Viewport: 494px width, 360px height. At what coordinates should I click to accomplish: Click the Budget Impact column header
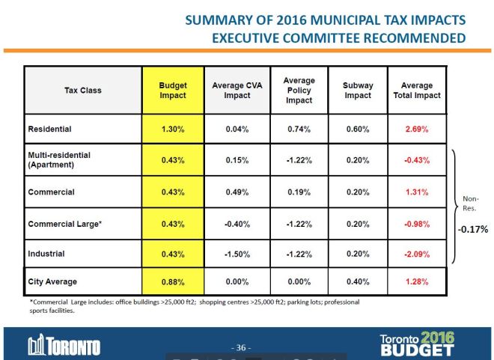(173, 91)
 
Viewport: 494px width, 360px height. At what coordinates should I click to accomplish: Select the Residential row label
(51, 129)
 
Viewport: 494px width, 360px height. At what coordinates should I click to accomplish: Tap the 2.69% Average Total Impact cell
(416, 129)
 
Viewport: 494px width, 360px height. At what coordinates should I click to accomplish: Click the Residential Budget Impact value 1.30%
(173, 129)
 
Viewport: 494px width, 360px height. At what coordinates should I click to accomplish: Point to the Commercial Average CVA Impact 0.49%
(237, 192)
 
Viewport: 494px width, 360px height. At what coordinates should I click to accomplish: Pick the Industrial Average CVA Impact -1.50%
(237, 254)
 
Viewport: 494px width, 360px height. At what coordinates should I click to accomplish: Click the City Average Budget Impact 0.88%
(173, 282)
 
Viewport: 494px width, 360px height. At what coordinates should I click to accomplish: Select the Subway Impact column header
(358, 91)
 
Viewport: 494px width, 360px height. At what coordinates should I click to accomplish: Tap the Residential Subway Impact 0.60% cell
(358, 129)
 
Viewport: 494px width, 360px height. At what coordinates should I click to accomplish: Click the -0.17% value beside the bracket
(472, 230)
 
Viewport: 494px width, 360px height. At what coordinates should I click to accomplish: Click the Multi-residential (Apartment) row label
(60, 160)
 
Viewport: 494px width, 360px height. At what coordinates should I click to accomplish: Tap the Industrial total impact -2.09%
(416, 254)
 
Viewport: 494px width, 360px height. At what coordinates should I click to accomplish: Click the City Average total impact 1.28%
(416, 282)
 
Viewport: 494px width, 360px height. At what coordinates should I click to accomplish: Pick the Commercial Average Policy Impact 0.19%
(299, 192)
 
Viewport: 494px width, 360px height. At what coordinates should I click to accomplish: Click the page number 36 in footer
(241, 347)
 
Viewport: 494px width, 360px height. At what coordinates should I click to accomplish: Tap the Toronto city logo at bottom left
(64, 347)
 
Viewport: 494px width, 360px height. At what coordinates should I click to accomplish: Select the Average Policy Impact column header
(299, 91)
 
